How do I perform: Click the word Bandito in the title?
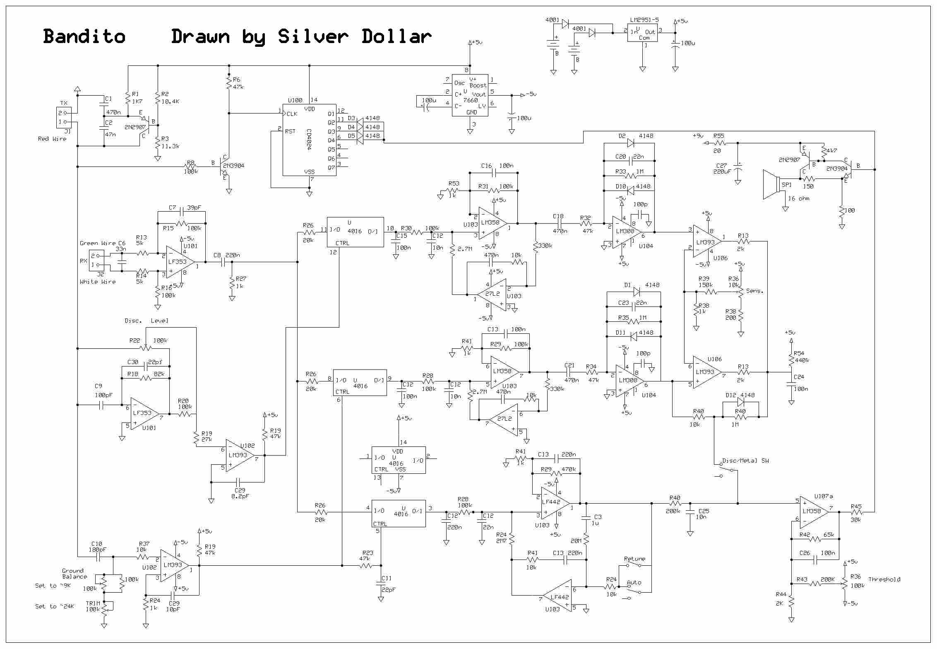coord(84,36)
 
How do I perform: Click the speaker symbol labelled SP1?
coord(771,184)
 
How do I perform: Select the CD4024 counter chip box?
coord(309,140)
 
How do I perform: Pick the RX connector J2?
coord(96,261)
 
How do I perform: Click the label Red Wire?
coord(52,139)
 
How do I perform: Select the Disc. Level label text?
coord(147,321)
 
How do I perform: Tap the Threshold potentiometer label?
coord(884,579)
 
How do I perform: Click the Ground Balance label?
coord(74,574)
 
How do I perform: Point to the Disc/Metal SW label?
coord(745,461)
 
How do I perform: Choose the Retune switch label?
coord(634,559)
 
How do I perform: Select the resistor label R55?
coord(719,135)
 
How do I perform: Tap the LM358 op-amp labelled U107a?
coord(813,511)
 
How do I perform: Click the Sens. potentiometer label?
coord(754,291)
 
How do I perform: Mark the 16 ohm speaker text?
coord(798,198)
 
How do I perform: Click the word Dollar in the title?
coord(396,36)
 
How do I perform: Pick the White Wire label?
coord(98,282)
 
